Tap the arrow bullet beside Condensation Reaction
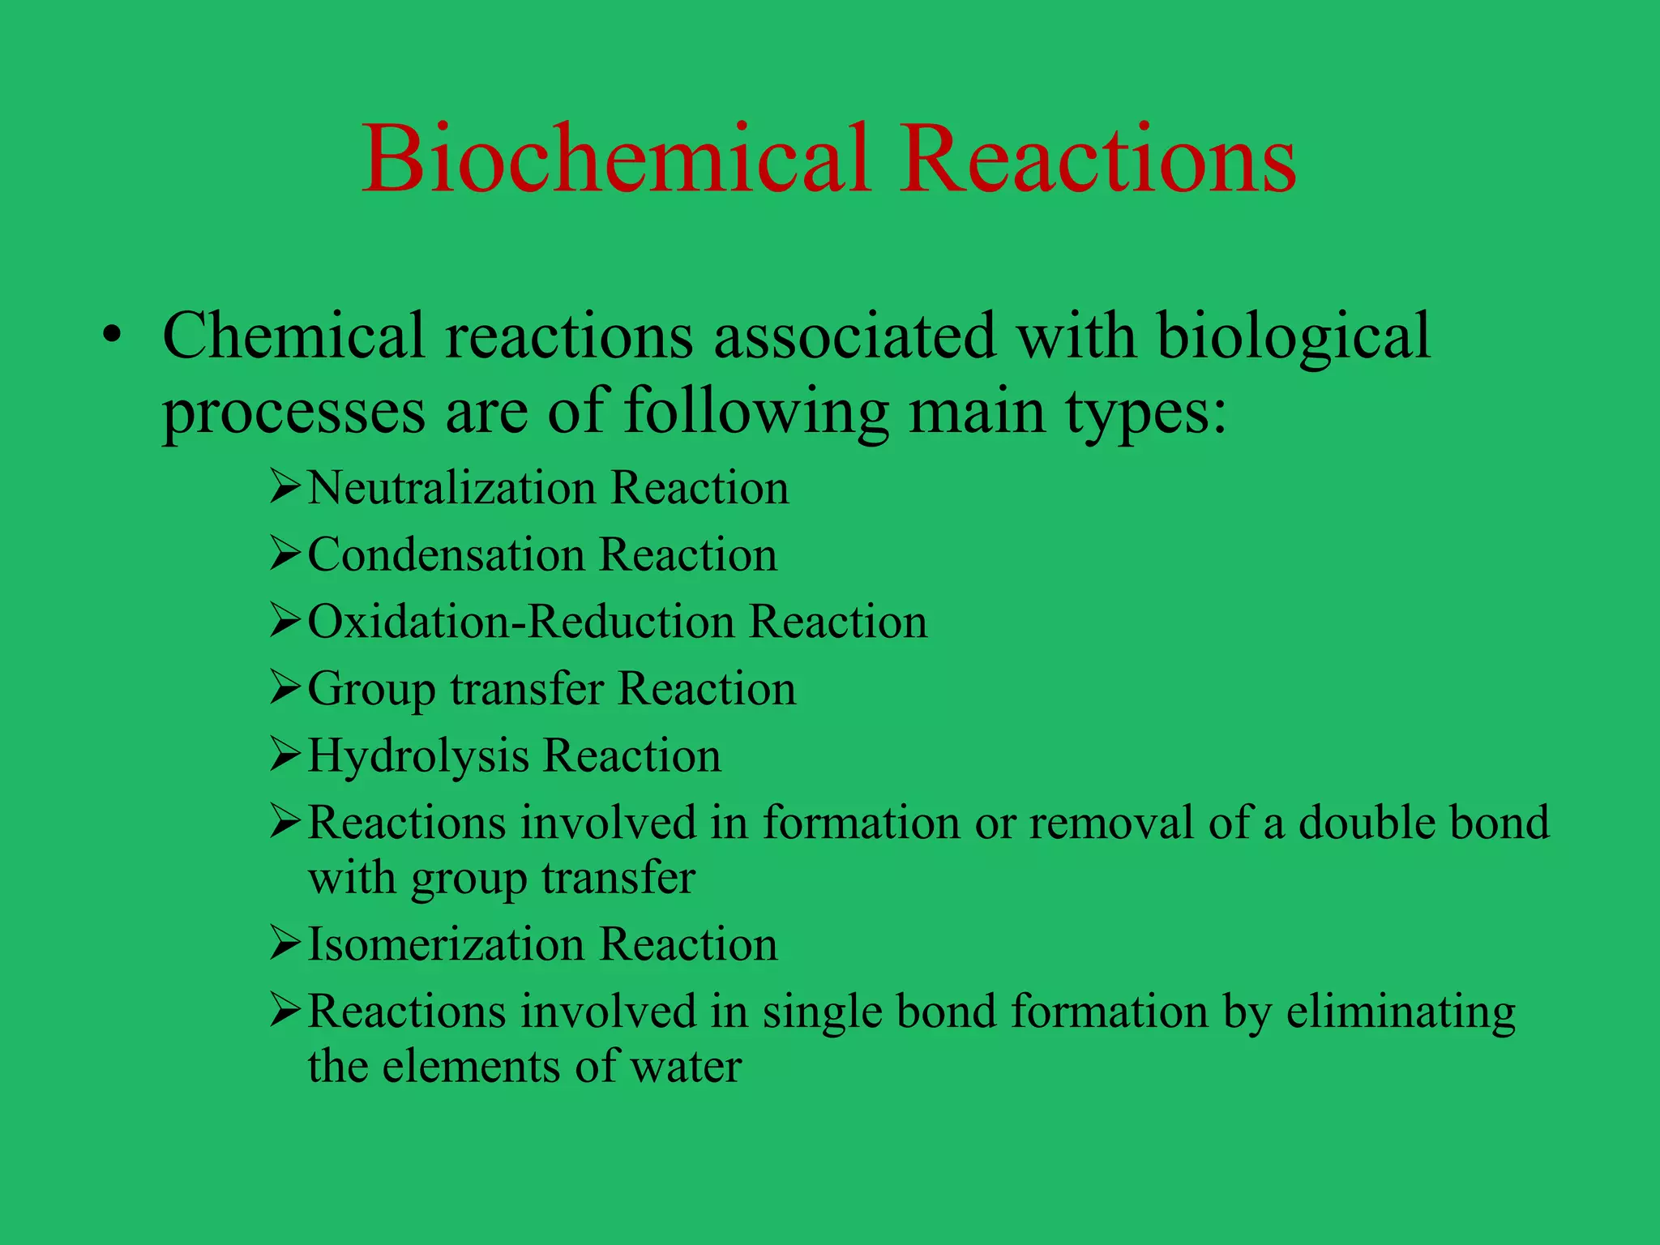(285, 554)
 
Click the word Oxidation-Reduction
(520, 622)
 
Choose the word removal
(1111, 823)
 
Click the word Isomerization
(446, 945)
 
